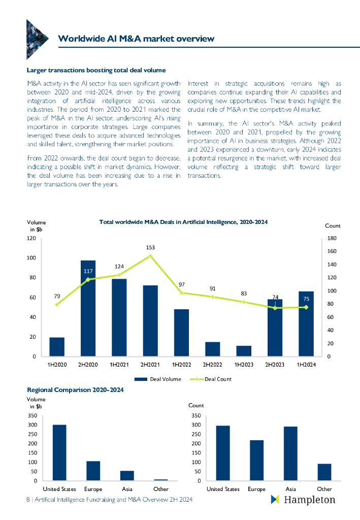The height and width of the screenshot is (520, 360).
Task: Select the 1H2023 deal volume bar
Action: pyautogui.click(x=244, y=351)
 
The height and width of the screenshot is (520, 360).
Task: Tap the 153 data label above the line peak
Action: pyautogui.click(x=150, y=248)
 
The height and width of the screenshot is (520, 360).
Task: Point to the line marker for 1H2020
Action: pyautogui.click(x=57, y=304)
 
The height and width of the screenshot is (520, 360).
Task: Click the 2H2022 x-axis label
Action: pyautogui.click(x=213, y=364)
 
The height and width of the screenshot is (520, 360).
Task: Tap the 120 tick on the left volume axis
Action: pyautogui.click(x=31, y=238)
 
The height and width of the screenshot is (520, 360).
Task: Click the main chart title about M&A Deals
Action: pyautogui.click(x=183, y=222)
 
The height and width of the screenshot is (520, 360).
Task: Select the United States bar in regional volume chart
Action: pyautogui.click(x=59, y=452)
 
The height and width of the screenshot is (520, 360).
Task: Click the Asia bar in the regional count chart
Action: pyautogui.click(x=290, y=453)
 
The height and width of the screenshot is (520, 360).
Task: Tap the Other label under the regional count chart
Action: pyautogui.click(x=324, y=489)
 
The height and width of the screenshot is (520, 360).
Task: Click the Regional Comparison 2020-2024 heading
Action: pyautogui.click(x=75, y=389)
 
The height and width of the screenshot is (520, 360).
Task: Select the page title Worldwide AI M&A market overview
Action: pyautogui.click(x=136, y=39)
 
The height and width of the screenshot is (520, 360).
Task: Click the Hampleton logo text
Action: pyautogui.click(x=309, y=500)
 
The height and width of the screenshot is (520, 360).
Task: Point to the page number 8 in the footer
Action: pyautogui.click(x=28, y=500)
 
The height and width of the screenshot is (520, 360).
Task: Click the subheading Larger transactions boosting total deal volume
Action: pyautogui.click(x=96, y=70)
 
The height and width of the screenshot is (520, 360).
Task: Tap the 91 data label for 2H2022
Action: pyautogui.click(x=213, y=288)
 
